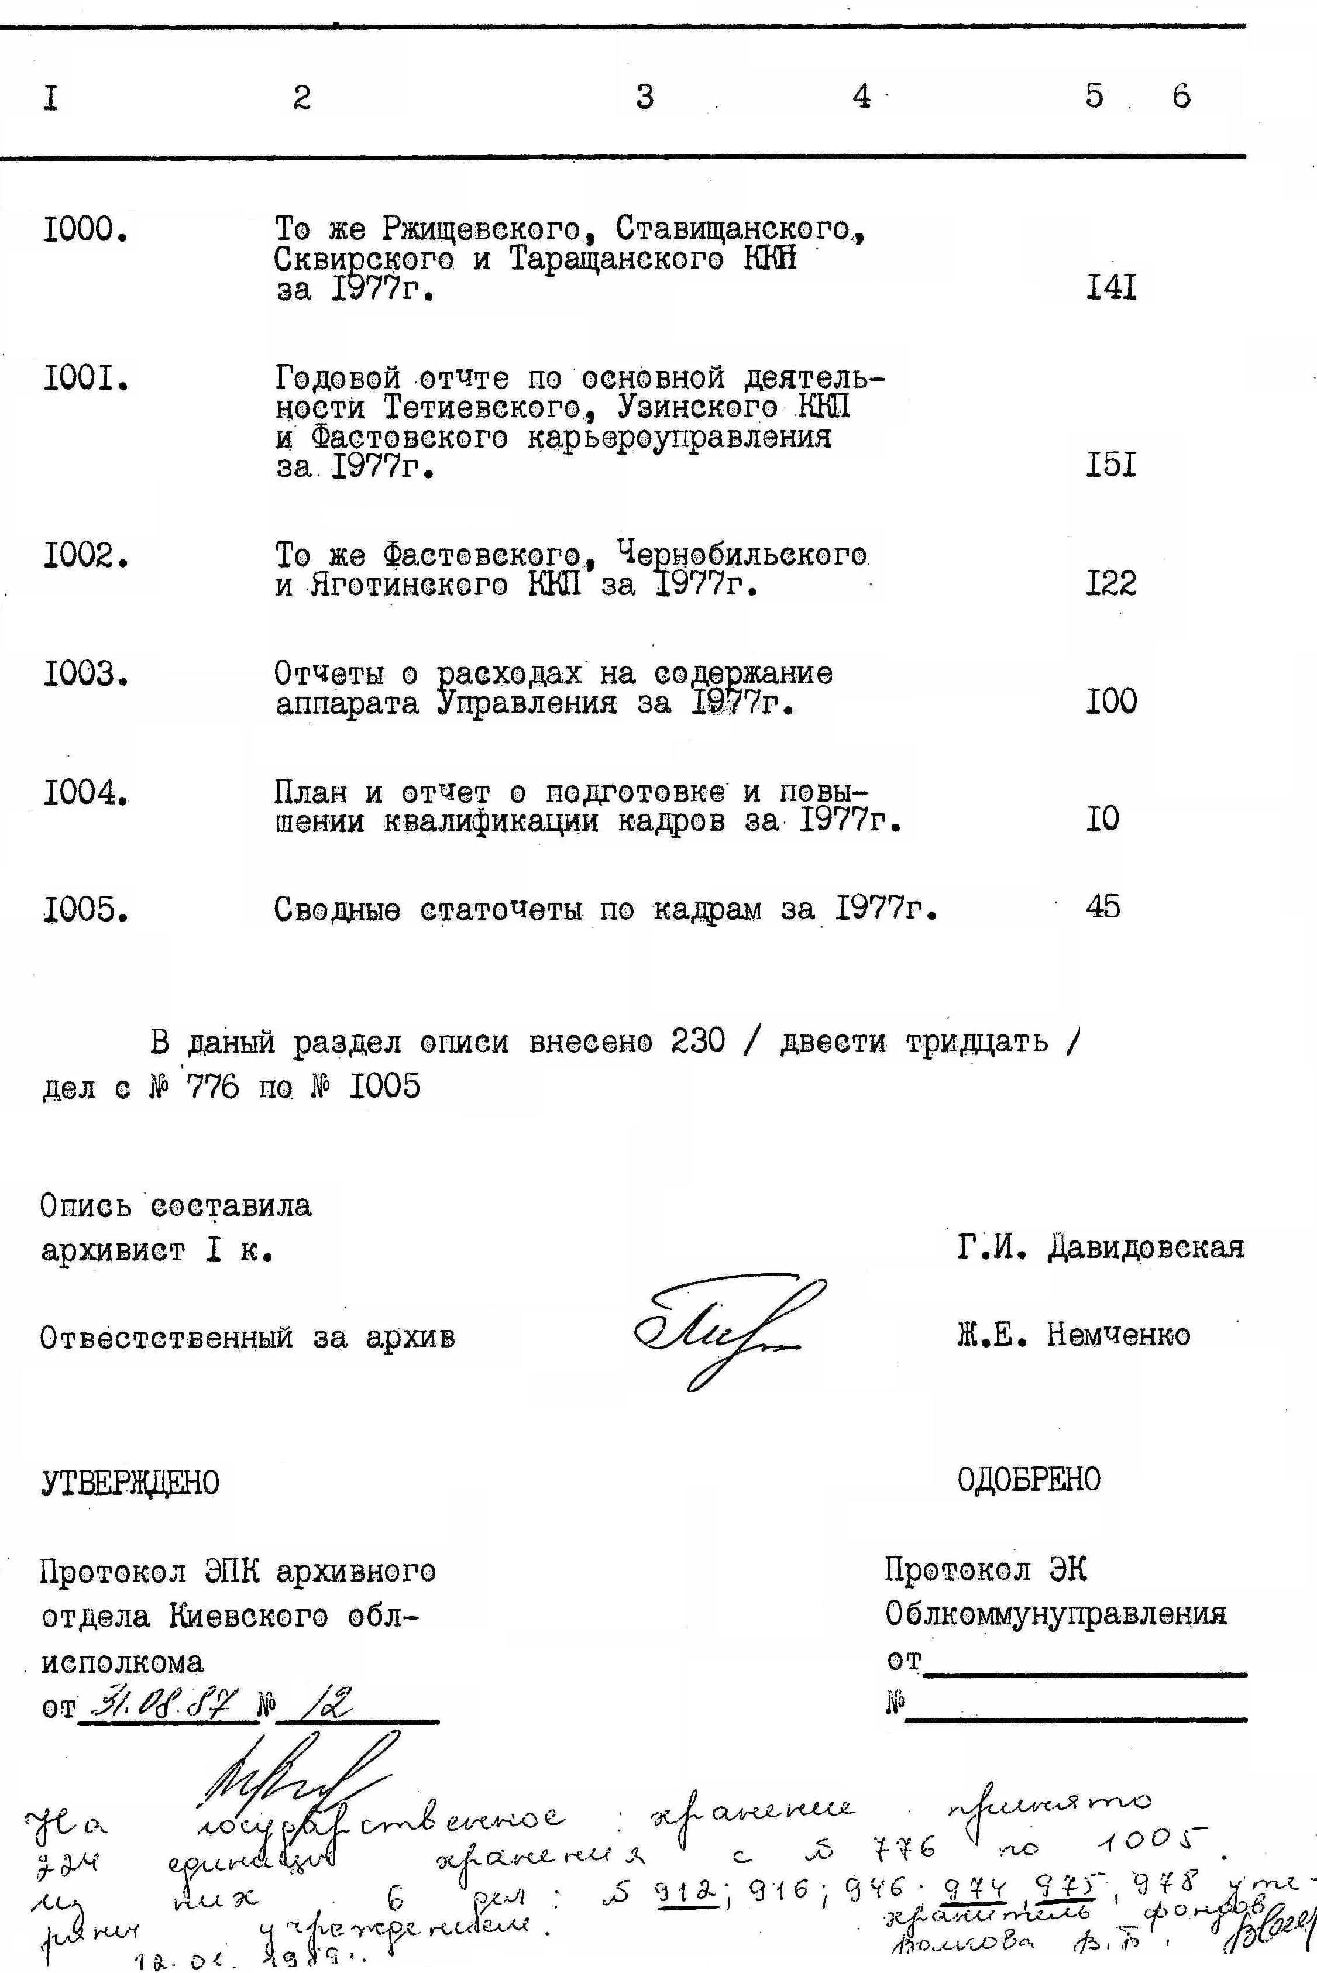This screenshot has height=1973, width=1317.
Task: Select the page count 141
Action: click(1110, 289)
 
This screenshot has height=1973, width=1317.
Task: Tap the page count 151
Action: click(1110, 465)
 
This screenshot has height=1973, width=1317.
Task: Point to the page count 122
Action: click(1110, 583)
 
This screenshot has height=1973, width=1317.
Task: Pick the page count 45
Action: click(1102, 906)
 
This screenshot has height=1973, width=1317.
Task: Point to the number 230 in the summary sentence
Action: click(697, 1042)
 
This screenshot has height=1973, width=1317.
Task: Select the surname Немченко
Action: click(1118, 1335)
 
